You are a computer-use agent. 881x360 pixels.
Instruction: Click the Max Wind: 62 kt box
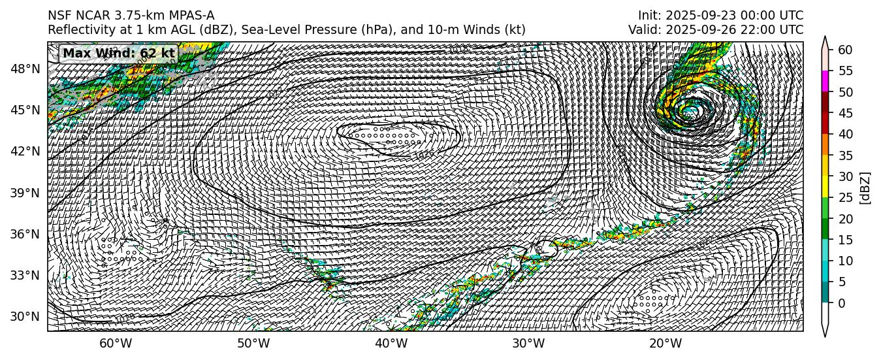pos(118,54)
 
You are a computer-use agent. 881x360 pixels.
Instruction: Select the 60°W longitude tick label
pos(116,344)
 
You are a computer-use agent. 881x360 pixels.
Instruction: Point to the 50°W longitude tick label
pos(253,344)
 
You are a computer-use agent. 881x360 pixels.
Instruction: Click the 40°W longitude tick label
pos(391,344)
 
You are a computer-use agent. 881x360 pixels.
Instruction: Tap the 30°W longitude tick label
pos(528,344)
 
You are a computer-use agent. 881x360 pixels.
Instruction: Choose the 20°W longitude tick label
pos(665,344)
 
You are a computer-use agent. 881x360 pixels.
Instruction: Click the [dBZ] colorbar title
pos(866,188)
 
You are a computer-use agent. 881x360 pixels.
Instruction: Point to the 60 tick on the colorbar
pos(845,50)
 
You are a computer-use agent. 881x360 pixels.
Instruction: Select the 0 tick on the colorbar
pos(842,303)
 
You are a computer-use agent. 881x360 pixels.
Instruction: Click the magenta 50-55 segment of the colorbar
pos(825,81)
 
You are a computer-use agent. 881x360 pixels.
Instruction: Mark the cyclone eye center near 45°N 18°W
pos(690,110)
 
